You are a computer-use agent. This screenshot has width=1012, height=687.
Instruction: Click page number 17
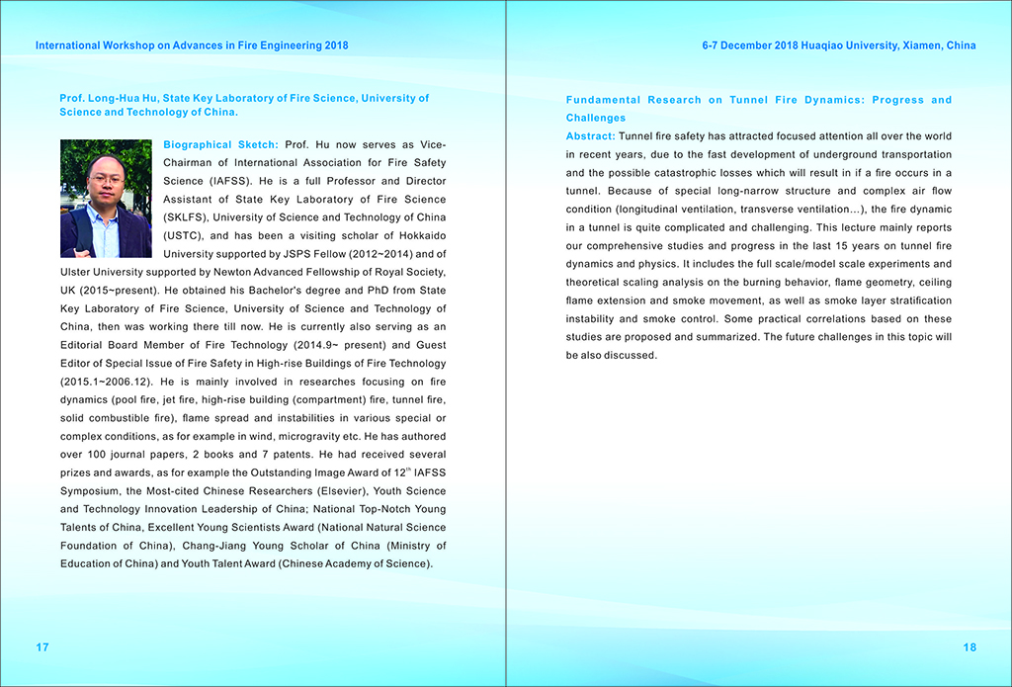click(x=42, y=647)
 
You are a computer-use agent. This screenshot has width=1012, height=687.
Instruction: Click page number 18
click(x=970, y=647)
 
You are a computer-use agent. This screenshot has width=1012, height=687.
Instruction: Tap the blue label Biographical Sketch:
click(x=220, y=145)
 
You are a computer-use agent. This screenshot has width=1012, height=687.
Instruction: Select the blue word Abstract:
click(x=590, y=135)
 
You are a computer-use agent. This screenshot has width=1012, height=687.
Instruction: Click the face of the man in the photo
click(x=105, y=178)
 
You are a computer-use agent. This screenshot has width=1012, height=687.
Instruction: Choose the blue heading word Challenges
click(x=596, y=118)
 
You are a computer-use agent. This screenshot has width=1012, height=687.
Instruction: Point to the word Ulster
click(x=78, y=272)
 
